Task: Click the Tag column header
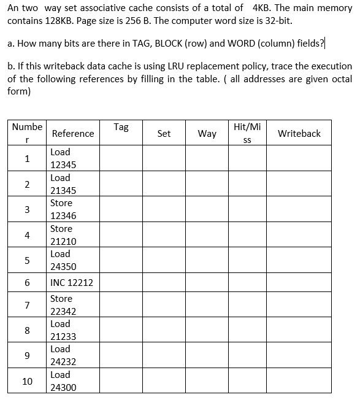(121, 127)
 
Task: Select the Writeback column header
(299, 133)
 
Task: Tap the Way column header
(207, 133)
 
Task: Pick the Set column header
(164, 133)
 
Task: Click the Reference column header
(73, 133)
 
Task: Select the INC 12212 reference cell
(72, 283)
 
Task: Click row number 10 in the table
(27, 381)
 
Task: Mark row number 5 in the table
(27, 260)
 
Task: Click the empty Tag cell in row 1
(121, 158)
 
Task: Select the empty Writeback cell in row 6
(299, 283)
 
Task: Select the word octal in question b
(341, 79)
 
